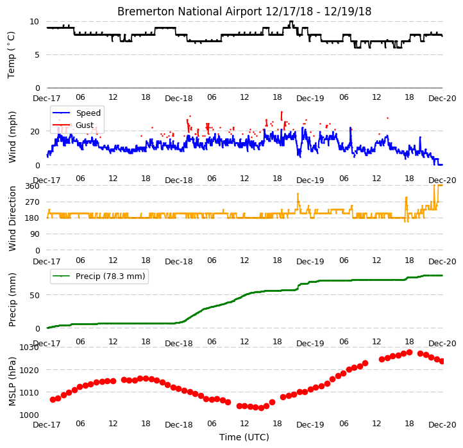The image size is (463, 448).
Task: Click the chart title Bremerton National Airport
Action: [x=190, y=12]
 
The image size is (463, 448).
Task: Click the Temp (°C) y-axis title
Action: [x=11, y=55]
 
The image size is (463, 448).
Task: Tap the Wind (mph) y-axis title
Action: [x=12, y=137]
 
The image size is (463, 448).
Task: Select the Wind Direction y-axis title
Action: [x=12, y=218]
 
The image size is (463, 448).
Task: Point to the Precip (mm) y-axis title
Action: [x=12, y=300]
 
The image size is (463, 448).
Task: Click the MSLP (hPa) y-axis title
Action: [x=12, y=381]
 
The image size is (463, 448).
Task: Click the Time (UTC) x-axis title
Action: [x=244, y=436]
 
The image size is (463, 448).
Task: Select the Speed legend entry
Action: [x=88, y=113]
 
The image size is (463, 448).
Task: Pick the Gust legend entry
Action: [x=85, y=125]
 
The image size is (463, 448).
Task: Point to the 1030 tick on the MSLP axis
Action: [x=29, y=348]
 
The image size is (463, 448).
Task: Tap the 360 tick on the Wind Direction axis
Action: [x=32, y=186]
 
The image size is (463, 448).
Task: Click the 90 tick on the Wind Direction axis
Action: [x=35, y=234]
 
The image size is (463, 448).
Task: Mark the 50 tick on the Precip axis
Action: [x=35, y=295]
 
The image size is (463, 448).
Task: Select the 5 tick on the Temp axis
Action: [x=37, y=55]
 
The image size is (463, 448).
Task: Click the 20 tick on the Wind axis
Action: [x=35, y=131]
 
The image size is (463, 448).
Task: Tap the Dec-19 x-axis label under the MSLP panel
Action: [x=310, y=425]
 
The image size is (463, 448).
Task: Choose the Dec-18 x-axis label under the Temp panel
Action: [x=179, y=98]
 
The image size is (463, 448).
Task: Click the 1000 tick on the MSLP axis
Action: [x=29, y=415]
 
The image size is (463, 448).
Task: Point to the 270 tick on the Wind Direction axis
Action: [x=32, y=202]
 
